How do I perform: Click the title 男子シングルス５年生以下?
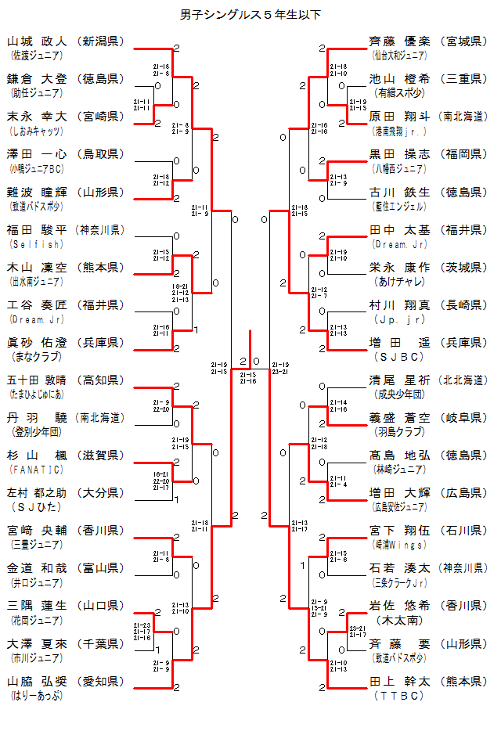tap(250, 14)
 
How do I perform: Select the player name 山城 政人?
tap(38, 41)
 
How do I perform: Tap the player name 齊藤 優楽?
tap(399, 41)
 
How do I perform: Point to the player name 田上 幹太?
tap(399, 681)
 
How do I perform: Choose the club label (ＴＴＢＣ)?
tap(399, 695)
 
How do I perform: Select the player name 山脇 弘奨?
tap(38, 681)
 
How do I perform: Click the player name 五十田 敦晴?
tap(38, 380)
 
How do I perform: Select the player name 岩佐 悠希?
tap(399, 606)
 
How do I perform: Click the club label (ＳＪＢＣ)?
tap(399, 357)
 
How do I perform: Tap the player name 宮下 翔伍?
tap(399, 531)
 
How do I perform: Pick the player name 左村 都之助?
tap(38, 493)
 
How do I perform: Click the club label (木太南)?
tap(399, 620)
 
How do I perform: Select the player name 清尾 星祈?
tap(399, 380)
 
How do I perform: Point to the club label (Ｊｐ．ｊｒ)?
tap(399, 319)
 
